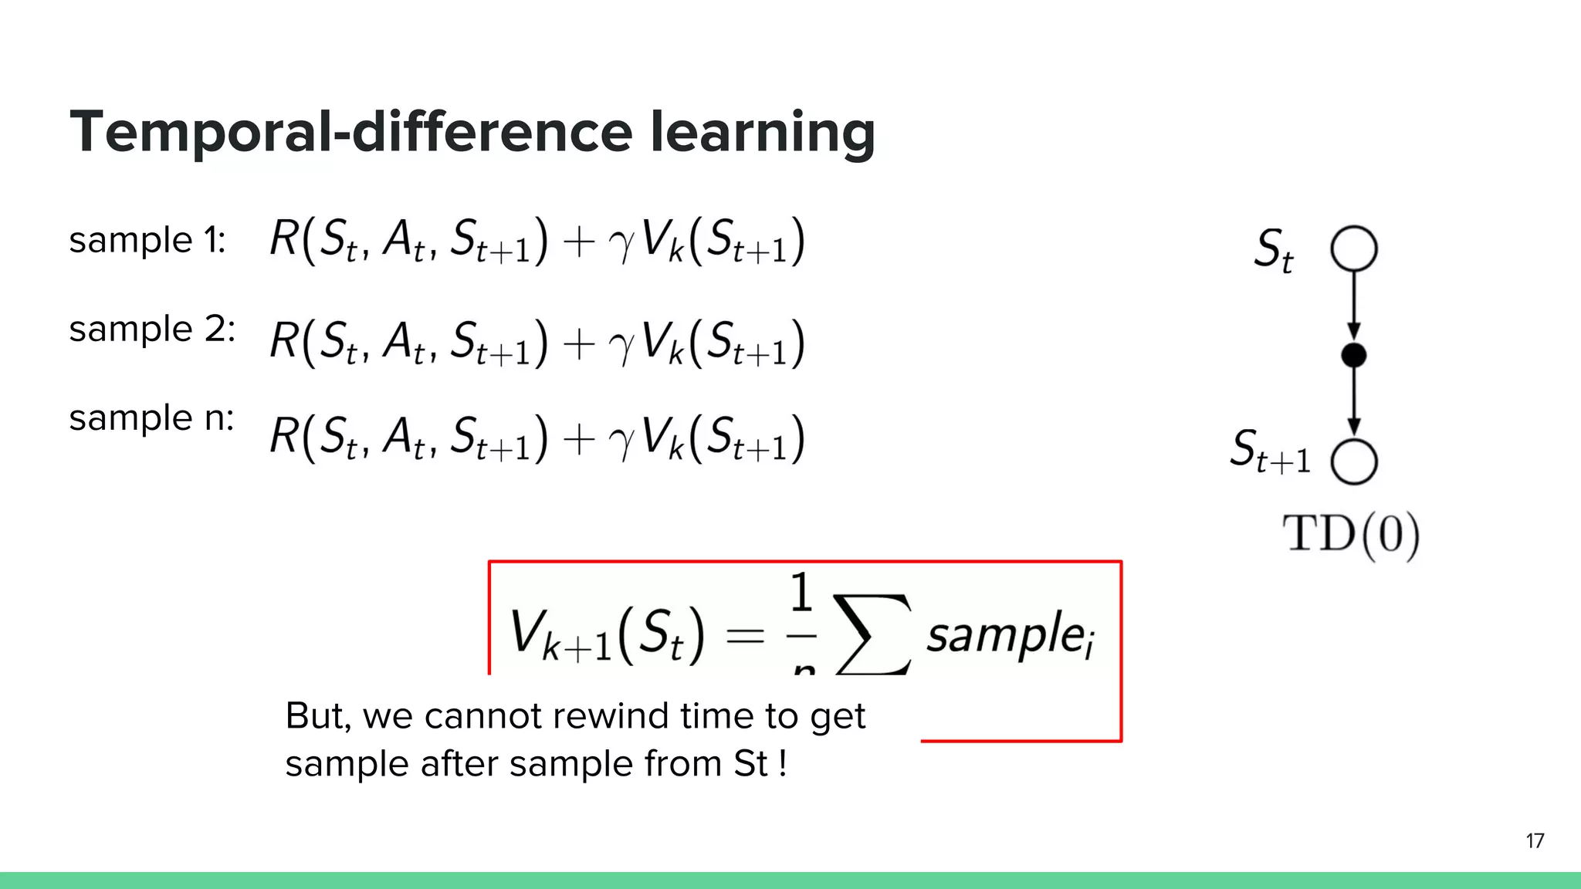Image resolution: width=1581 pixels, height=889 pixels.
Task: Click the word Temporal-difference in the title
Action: [x=351, y=131]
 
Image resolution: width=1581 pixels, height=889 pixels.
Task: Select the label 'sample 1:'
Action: [x=147, y=240]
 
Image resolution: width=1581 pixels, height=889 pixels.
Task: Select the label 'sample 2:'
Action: [x=151, y=330]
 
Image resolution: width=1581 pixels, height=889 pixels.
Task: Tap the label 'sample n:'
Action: [x=151, y=418]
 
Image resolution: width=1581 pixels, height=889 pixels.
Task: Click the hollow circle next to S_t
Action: [x=1353, y=248]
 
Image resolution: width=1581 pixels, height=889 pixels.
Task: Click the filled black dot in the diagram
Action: [x=1353, y=355]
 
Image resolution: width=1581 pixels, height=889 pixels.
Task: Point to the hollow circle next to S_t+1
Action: [x=1353, y=461]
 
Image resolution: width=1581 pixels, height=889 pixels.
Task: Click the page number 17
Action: [x=1535, y=840]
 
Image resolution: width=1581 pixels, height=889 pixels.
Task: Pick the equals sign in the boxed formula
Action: [x=745, y=636]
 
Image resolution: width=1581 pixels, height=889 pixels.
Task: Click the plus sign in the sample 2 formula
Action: [x=579, y=343]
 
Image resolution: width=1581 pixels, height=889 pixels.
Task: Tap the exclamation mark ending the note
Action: [x=783, y=764]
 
